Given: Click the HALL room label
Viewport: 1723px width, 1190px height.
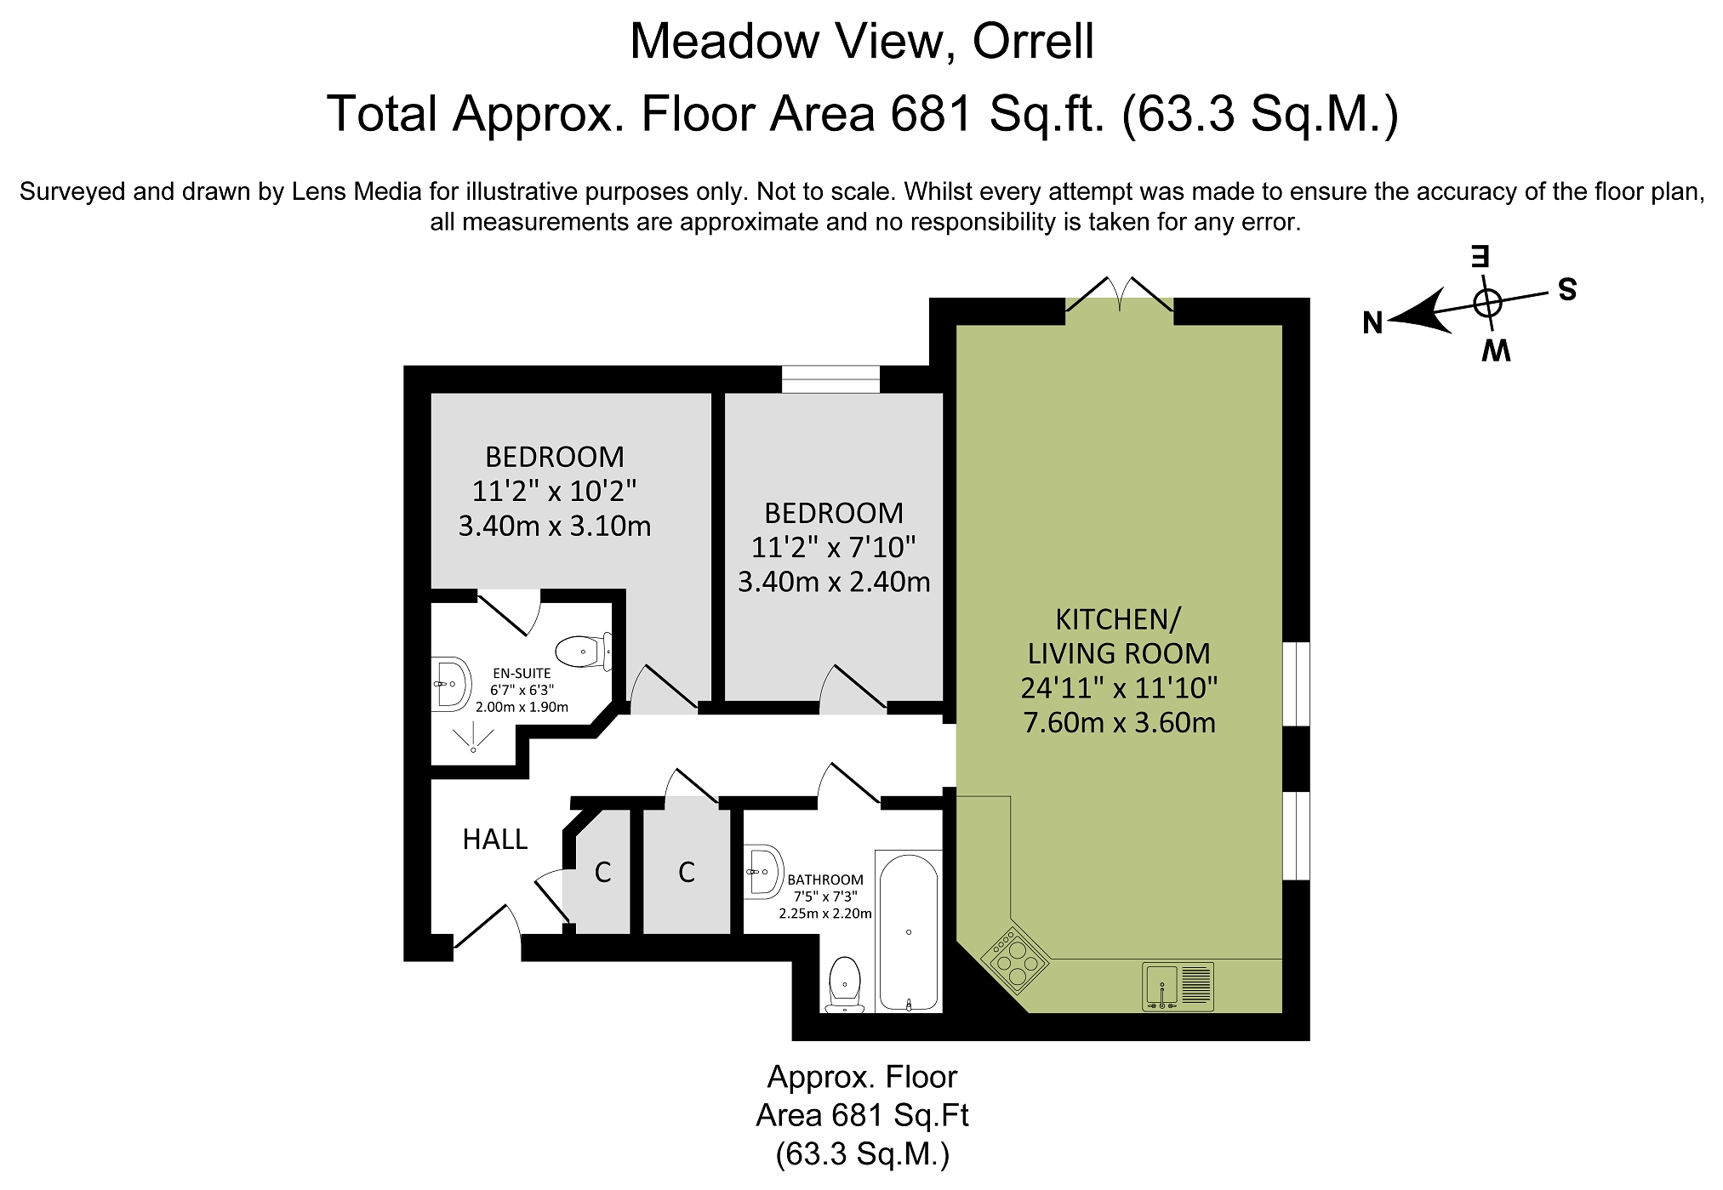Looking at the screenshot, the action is tap(495, 840).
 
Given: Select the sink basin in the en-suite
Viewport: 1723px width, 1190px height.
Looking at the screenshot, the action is tap(451, 683).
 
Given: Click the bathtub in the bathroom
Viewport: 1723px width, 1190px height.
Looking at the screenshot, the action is tap(909, 932).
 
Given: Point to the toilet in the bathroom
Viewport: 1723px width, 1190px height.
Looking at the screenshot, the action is tap(844, 985).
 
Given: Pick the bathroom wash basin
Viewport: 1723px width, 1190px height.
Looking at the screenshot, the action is tap(763, 871).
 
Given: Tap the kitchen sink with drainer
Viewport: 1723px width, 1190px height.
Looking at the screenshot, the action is tap(1178, 987).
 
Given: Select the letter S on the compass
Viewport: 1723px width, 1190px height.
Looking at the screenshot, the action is tap(1567, 290).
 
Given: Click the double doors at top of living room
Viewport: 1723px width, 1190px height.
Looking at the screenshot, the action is tap(1120, 293).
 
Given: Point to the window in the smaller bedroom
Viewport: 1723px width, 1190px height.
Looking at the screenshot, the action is tap(830, 379).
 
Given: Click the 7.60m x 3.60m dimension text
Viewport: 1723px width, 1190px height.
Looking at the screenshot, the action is tap(1119, 722).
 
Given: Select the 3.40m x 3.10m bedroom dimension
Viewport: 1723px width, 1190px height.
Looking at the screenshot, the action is tap(555, 526).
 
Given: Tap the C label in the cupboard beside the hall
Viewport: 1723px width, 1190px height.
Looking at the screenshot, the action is tap(602, 872).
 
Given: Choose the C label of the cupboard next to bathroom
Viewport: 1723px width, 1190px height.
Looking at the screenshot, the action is tap(687, 872).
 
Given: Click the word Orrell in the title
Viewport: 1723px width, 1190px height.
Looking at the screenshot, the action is tap(1033, 41).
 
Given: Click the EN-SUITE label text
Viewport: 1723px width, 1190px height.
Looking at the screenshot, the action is tap(522, 673).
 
